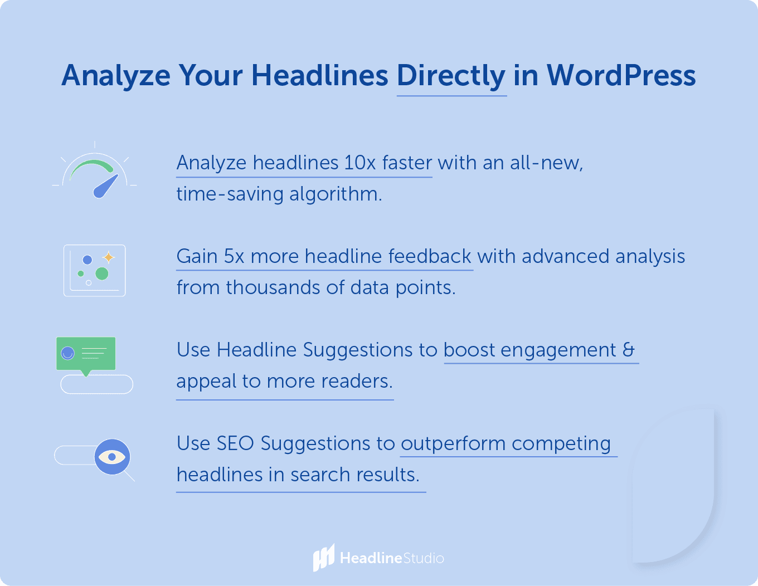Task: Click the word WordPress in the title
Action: tap(621, 75)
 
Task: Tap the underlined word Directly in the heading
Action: tap(451, 76)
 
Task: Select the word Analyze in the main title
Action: tap(116, 75)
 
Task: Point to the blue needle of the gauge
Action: tap(106, 186)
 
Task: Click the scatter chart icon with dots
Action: tap(95, 271)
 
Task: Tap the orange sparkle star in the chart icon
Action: tap(108, 257)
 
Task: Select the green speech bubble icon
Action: tap(86, 354)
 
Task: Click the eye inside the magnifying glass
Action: tap(112, 457)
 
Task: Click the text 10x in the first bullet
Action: tap(359, 163)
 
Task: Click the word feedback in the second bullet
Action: tap(430, 256)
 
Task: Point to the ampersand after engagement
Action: tap(629, 350)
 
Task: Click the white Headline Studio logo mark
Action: tap(323, 558)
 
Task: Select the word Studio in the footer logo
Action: tap(423, 558)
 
